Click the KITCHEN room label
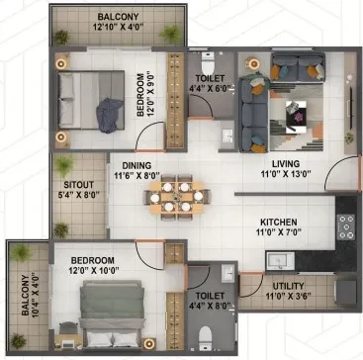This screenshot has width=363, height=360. (279, 222)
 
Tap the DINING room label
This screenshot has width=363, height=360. (136, 165)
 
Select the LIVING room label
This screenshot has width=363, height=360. (286, 163)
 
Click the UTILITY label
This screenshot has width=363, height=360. (288, 286)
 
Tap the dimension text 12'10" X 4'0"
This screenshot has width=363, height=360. (118, 27)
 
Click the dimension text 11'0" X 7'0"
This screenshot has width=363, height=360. (279, 232)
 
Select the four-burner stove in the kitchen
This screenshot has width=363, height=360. (346, 227)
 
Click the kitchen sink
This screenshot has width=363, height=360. (280, 261)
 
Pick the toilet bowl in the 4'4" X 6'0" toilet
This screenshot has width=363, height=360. (208, 63)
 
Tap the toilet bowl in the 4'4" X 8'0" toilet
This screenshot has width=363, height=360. (206, 338)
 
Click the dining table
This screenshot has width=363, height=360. (177, 197)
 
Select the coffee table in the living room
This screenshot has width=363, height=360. (296, 117)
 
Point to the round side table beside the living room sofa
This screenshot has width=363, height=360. (253, 63)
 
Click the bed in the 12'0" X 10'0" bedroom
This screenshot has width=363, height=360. (113, 315)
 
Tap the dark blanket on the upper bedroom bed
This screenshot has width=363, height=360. (110, 115)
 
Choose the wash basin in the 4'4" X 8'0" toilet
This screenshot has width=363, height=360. (227, 273)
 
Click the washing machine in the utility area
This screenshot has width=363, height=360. (346, 293)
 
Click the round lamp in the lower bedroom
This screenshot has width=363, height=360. (149, 343)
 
